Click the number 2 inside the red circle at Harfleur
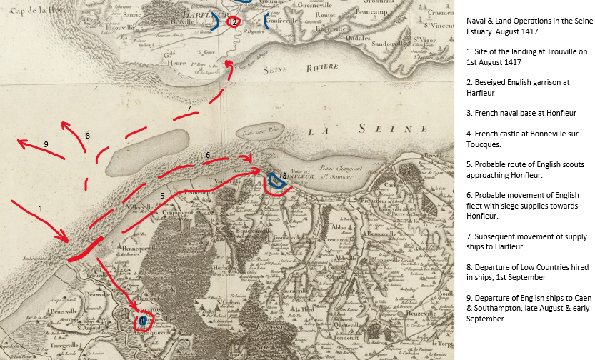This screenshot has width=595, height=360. coord(234,22)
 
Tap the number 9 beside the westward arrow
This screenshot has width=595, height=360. coord(46,144)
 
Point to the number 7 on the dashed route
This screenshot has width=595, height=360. coord(189,109)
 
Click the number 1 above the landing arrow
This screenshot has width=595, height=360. coord(41,209)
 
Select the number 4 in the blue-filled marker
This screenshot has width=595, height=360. coord(143,321)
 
